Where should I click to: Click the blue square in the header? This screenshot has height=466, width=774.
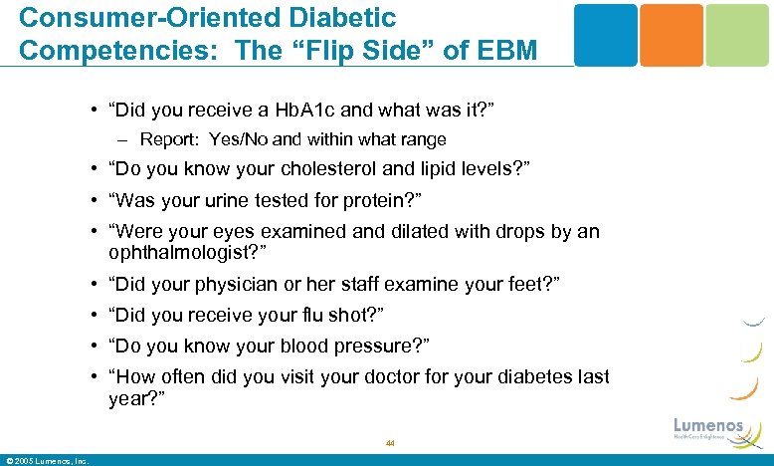point(606,35)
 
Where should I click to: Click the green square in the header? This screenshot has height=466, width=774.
point(736,35)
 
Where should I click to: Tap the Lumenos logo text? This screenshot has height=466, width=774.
point(708,425)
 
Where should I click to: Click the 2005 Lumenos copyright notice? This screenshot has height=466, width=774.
point(47,460)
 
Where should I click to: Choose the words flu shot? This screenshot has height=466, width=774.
point(337,315)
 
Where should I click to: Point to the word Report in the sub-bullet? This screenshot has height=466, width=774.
point(171,139)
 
